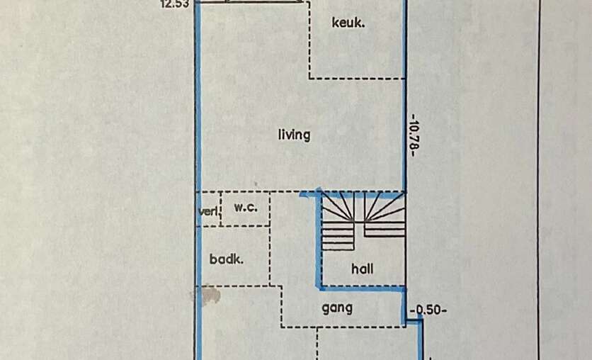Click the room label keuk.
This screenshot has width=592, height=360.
coord(348,23)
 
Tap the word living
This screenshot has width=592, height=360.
coord(294,135)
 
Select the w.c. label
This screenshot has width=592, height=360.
coord(244,208)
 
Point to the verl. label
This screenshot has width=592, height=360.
coord(207,211)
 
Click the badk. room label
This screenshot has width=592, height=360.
coord(227,259)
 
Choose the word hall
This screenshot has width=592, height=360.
coord(362,269)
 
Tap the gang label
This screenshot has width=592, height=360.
coord(337,308)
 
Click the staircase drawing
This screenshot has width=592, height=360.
coord(363,220)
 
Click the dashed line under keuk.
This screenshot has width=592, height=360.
coord(358,79)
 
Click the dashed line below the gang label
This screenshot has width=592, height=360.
coord(343,327)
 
